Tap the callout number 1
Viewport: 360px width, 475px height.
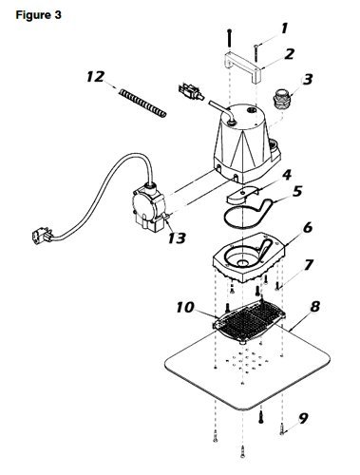tap(281, 28)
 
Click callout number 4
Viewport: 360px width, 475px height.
tap(286, 176)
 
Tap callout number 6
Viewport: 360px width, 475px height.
tap(307, 229)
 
